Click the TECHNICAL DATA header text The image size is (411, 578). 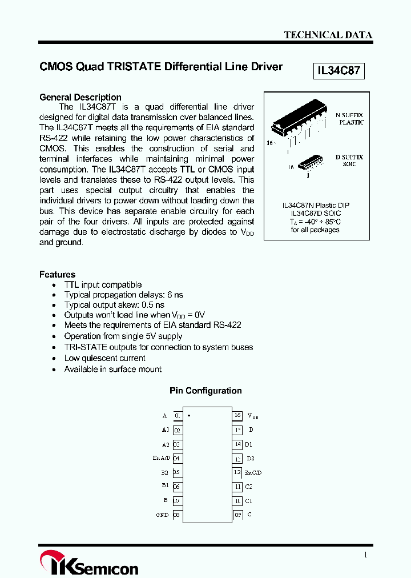pyautogui.click(x=328, y=35)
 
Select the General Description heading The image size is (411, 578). pyautogui.click(x=80, y=97)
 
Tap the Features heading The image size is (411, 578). pyautogui.click(x=57, y=274)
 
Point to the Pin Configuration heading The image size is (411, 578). pyautogui.click(x=205, y=391)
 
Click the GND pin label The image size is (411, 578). pyautogui.click(x=162, y=515)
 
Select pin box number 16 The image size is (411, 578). pyautogui.click(x=238, y=416)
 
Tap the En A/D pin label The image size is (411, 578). pyautogui.click(x=161, y=458)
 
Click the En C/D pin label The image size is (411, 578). pyautogui.click(x=253, y=472)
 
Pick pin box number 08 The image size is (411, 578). pyautogui.click(x=177, y=515)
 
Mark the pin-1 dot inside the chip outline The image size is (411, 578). pyautogui.click(x=189, y=415)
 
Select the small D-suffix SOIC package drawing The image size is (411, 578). pyautogui.click(x=312, y=163)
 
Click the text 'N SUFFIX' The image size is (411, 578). pyautogui.click(x=349, y=115)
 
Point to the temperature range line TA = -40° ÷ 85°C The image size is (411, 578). pyautogui.click(x=315, y=222)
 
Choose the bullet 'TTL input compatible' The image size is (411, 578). pyautogui.click(x=103, y=284)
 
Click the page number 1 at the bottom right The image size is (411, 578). pyautogui.click(x=365, y=555)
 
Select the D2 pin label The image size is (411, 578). pyautogui.click(x=251, y=458)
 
